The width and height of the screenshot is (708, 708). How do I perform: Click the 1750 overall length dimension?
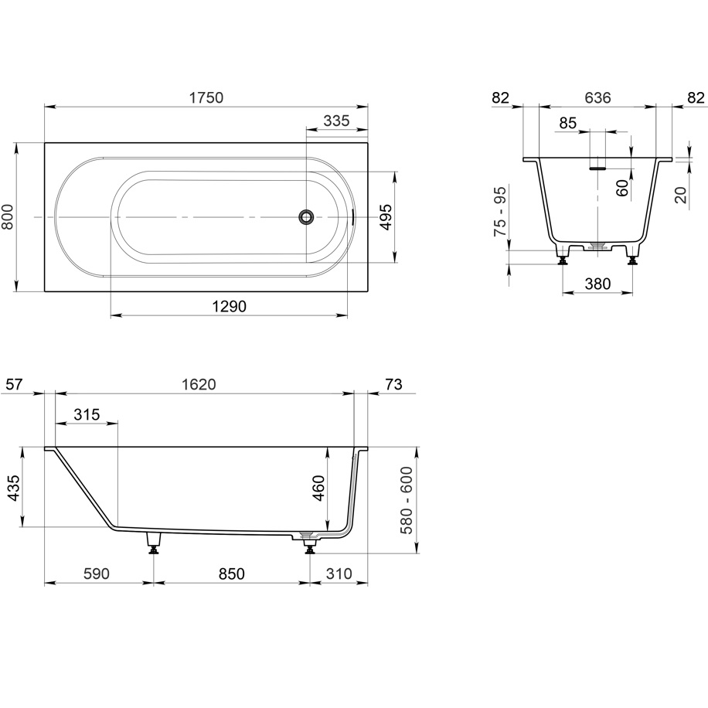(206, 97)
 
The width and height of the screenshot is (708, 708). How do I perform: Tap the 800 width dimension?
(8, 217)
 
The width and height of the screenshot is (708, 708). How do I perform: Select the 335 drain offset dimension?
(337, 121)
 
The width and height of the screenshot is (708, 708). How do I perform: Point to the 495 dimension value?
(386, 217)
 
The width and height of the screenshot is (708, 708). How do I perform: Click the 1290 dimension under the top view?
(230, 307)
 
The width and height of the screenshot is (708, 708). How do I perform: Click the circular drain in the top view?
(307, 216)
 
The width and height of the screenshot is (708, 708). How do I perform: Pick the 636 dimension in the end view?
(597, 97)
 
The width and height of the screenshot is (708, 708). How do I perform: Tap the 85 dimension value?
(568, 122)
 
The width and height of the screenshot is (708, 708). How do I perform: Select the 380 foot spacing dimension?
(597, 284)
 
